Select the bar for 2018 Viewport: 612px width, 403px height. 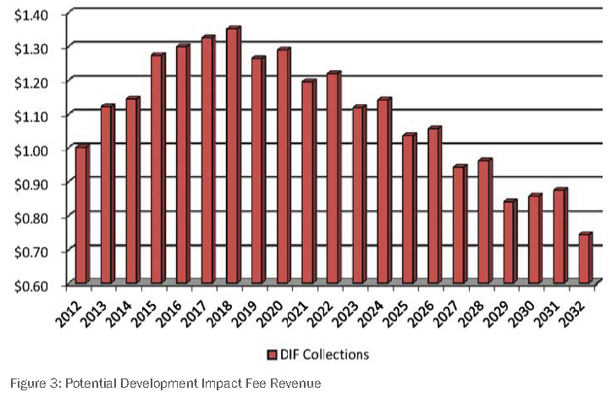(234, 157)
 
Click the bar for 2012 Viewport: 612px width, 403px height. (81, 215)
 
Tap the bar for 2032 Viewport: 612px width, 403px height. (583, 258)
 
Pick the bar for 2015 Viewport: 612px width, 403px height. (157, 169)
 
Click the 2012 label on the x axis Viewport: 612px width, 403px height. (72, 305)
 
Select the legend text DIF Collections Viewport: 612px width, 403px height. (323, 353)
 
